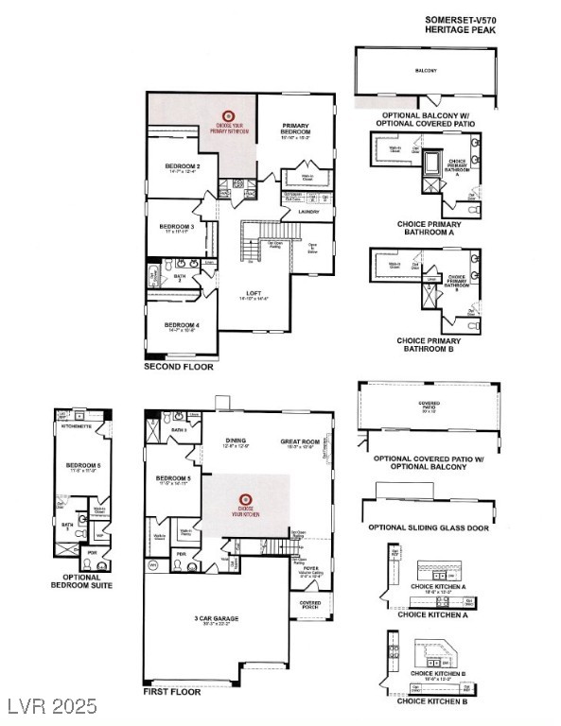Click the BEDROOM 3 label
point(176,226)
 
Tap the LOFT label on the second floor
point(253,293)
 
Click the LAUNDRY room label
point(308,212)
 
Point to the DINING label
point(236,441)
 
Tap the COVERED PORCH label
point(309,604)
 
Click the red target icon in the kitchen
point(245,498)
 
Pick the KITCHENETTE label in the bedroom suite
point(75,427)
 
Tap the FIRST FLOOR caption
point(171,691)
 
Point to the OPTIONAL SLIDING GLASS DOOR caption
point(429,527)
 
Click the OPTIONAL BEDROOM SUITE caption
point(80,581)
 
